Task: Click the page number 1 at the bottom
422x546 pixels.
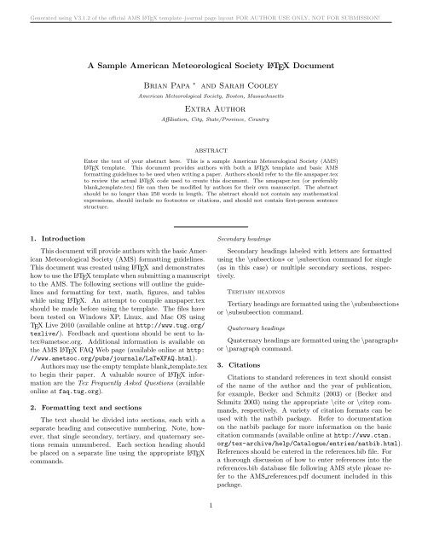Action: coord(211,528)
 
